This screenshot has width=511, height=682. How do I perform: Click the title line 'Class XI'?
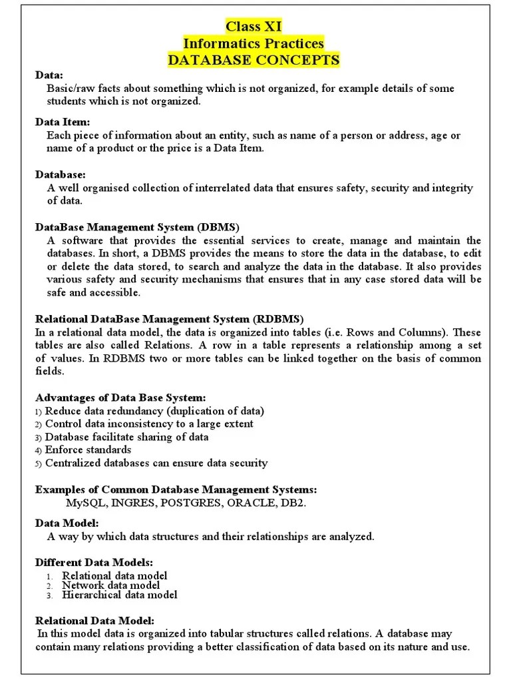pyautogui.click(x=254, y=27)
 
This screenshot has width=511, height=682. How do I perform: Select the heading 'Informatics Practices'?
pyautogui.click(x=254, y=43)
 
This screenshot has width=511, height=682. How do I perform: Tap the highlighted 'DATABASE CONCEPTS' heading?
pyautogui.click(x=254, y=61)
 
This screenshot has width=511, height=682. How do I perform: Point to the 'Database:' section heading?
pyautogui.click(x=60, y=174)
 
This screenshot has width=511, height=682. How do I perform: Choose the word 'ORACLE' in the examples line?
pyautogui.click(x=252, y=502)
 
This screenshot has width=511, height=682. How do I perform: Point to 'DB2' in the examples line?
pyautogui.click(x=293, y=502)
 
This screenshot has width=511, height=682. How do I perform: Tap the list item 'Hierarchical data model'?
pyautogui.click(x=120, y=595)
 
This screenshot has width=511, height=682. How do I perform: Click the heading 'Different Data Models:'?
pyautogui.click(x=94, y=563)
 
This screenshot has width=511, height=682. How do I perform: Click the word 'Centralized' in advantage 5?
pyautogui.click(x=71, y=463)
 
